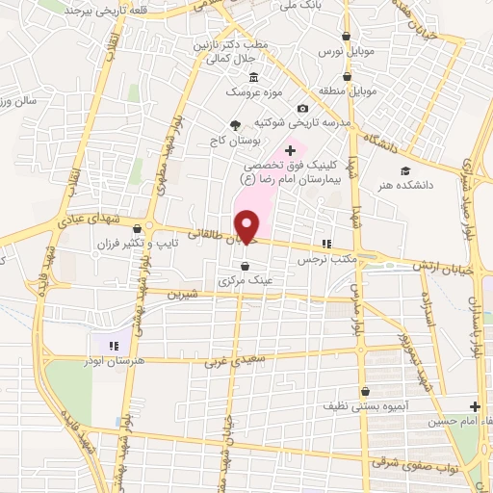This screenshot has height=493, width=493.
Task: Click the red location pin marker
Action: coord(247,226)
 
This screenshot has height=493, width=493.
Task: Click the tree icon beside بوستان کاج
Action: coord(235,124)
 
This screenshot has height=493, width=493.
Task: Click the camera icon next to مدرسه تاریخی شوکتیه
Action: coord(304,108)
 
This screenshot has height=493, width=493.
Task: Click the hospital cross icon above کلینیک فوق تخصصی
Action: coord(291,150)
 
